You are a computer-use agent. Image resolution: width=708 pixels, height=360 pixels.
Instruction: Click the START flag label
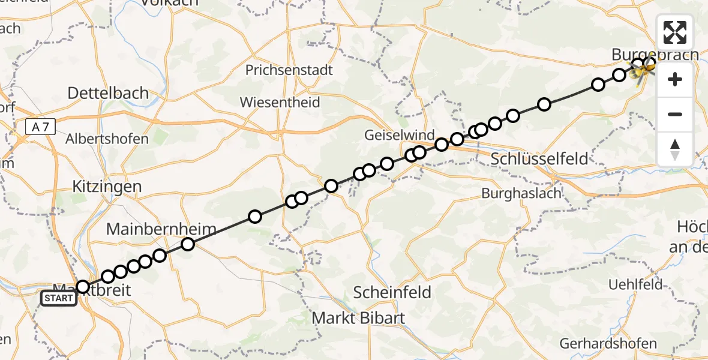(x=59, y=298)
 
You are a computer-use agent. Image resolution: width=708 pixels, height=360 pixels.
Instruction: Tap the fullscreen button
(x=675, y=32)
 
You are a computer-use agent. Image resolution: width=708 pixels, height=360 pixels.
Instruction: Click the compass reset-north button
(x=675, y=149)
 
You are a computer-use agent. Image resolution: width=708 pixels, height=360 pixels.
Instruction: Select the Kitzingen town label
(x=106, y=186)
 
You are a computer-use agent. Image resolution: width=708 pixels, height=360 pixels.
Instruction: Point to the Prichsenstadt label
(x=289, y=70)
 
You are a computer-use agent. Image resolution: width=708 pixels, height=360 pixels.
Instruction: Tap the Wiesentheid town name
(x=280, y=102)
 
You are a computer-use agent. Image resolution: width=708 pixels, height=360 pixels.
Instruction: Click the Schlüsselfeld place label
(x=539, y=159)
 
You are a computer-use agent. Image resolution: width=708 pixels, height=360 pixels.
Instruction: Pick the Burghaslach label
(x=521, y=193)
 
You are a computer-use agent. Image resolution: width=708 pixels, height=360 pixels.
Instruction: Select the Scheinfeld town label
(x=392, y=292)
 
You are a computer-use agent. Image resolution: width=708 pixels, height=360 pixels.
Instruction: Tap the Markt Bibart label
(x=359, y=318)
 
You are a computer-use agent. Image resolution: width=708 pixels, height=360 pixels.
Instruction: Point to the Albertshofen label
(x=107, y=139)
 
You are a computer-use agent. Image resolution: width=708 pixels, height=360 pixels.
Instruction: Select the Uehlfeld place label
(x=635, y=284)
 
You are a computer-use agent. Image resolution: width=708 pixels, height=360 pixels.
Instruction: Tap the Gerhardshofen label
(x=608, y=344)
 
